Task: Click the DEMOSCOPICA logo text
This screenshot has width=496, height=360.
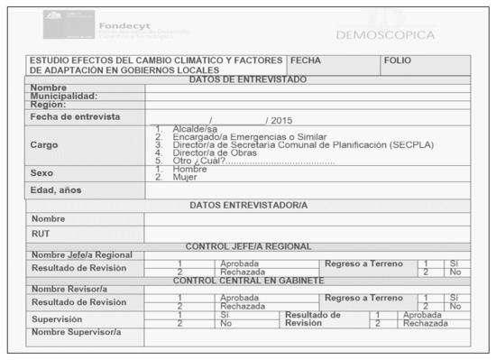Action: (x=384, y=35)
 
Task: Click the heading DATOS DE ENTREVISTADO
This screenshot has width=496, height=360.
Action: (x=248, y=79)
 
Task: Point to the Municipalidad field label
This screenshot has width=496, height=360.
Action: (x=64, y=96)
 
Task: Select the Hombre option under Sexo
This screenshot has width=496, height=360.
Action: (x=189, y=169)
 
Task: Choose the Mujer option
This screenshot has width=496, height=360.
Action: (x=184, y=177)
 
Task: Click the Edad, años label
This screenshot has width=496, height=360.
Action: (x=58, y=189)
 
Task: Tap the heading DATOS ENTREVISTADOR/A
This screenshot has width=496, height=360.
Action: (x=248, y=205)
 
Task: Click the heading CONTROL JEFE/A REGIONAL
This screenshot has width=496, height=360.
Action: (x=248, y=246)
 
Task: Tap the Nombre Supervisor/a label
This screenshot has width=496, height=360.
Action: (x=76, y=332)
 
